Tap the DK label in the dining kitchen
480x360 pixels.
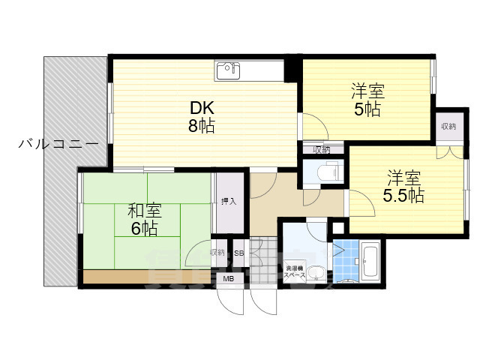pyautogui.click(x=201, y=108)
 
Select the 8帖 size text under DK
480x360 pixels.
pyautogui.click(x=201, y=126)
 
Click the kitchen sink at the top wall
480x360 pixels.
pyautogui.click(x=227, y=70)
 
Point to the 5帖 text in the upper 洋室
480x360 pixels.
pyautogui.click(x=367, y=109)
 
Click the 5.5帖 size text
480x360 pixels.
pyautogui.click(x=404, y=196)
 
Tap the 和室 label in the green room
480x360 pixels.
pyautogui.click(x=143, y=211)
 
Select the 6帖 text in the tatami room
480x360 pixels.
pyautogui.click(x=144, y=229)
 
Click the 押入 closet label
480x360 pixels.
pyautogui.click(x=229, y=201)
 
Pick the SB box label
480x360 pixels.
pyautogui.click(x=239, y=253)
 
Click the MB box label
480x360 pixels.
pyautogui.click(x=227, y=280)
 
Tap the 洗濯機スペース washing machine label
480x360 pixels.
pyautogui.click(x=295, y=271)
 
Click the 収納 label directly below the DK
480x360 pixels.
pyautogui.click(x=322, y=149)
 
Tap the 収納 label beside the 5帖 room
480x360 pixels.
pyautogui.click(x=448, y=126)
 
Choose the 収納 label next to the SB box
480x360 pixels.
pyautogui.click(x=217, y=253)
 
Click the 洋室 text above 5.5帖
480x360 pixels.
pyautogui.click(x=403, y=178)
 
